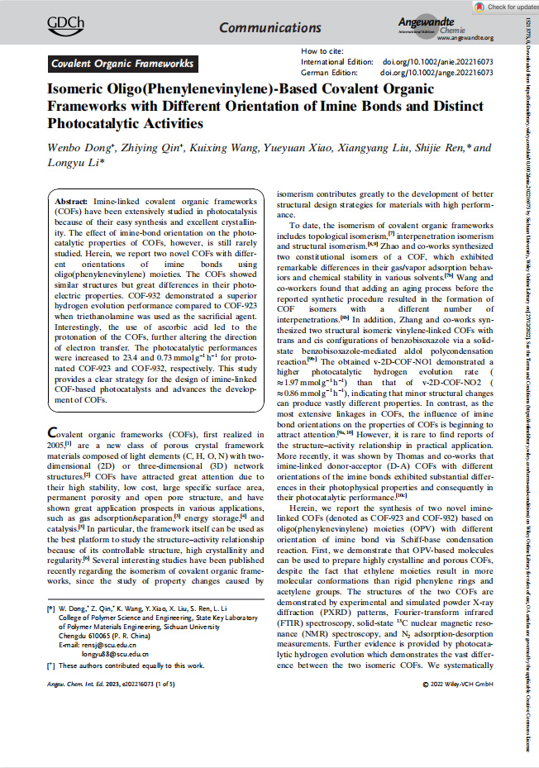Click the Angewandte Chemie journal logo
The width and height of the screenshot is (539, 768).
(467, 24)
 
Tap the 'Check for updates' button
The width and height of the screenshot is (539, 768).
(503, 7)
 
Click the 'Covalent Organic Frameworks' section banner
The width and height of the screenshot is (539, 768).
(122, 64)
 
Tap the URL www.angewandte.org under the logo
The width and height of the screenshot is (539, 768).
(465, 38)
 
